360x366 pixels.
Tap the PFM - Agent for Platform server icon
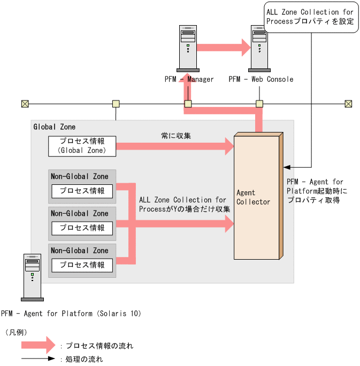point(32,277)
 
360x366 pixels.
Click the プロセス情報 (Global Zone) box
point(82,146)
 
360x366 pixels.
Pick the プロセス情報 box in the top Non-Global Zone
point(82,191)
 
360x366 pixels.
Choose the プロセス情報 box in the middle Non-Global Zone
point(82,228)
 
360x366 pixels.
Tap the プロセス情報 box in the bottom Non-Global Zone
point(82,265)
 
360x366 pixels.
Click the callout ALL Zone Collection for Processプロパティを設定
point(310,17)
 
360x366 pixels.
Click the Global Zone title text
point(54,127)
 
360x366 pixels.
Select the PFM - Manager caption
point(189,80)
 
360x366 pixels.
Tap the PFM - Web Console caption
point(261,80)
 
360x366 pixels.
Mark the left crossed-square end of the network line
point(25,104)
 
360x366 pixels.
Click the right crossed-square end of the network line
point(348,104)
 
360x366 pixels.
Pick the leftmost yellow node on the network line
point(115,104)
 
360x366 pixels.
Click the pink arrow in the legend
point(35,345)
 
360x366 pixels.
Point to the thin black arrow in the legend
point(37,359)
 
